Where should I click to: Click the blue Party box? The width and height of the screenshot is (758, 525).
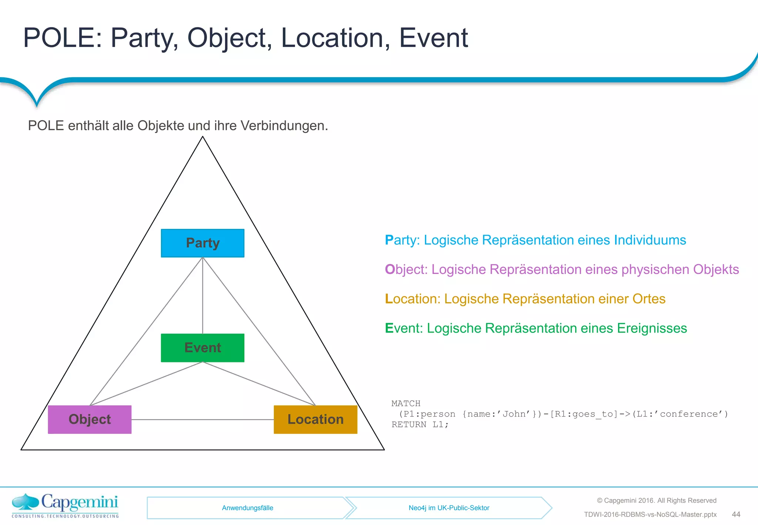click(x=202, y=243)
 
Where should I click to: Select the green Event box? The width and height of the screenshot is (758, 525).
click(x=202, y=348)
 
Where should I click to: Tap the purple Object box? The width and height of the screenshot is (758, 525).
click(x=90, y=419)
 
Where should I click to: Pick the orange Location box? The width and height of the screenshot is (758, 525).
click(x=315, y=419)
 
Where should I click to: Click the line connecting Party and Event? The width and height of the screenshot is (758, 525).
click(x=202, y=296)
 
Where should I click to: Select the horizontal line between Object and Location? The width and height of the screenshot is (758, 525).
click(x=202, y=419)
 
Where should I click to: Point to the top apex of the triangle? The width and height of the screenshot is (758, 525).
click(x=202, y=137)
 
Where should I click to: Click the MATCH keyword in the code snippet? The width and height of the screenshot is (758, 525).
click(x=406, y=403)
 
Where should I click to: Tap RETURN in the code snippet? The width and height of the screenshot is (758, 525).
click(x=409, y=424)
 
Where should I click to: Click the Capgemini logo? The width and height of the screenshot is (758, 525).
click(x=65, y=505)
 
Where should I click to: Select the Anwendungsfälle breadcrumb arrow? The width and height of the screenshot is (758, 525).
click(x=247, y=508)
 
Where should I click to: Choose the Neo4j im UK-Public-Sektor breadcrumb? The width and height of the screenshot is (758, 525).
click(x=449, y=508)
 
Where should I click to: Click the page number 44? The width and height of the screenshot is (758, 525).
click(x=736, y=514)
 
